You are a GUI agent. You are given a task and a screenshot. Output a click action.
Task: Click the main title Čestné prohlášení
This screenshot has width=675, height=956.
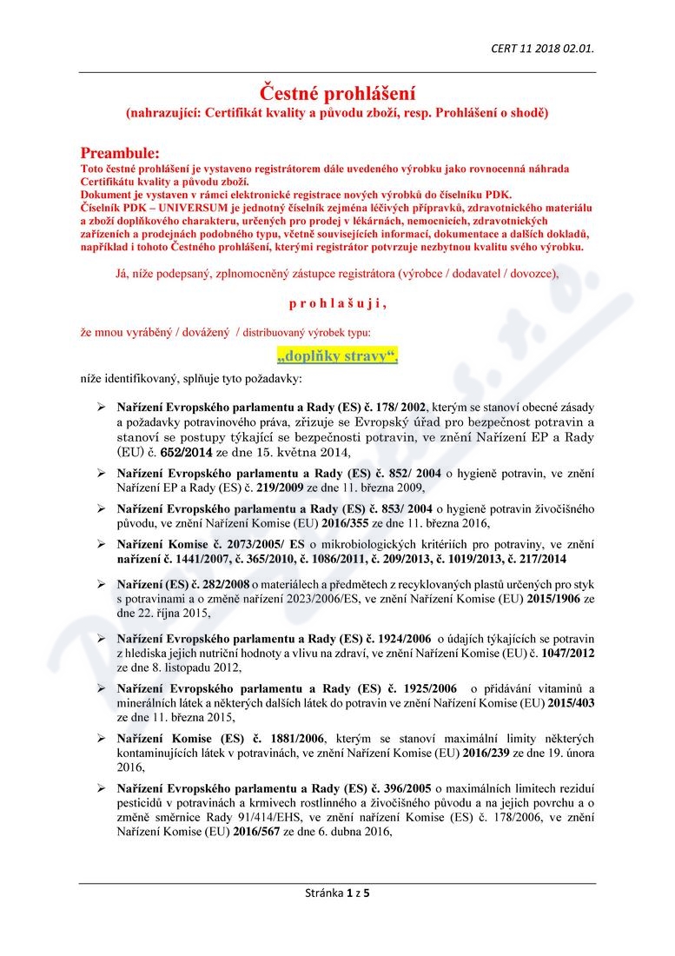[337, 91]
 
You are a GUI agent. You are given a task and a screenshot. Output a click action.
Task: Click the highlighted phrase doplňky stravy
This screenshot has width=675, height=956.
[337, 355]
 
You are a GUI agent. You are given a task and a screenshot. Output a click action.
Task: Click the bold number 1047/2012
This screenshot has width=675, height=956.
[570, 654]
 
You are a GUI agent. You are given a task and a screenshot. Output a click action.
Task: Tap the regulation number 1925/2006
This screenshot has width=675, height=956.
[419, 688]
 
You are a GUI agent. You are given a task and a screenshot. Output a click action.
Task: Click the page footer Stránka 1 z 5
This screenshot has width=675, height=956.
[337, 893]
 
